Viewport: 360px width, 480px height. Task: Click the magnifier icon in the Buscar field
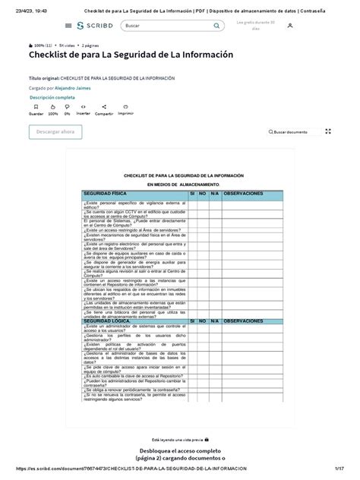217,26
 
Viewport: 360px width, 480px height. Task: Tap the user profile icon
290,25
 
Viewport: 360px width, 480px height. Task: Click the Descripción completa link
52,98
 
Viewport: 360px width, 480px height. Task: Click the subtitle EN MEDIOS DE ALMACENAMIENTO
183,185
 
